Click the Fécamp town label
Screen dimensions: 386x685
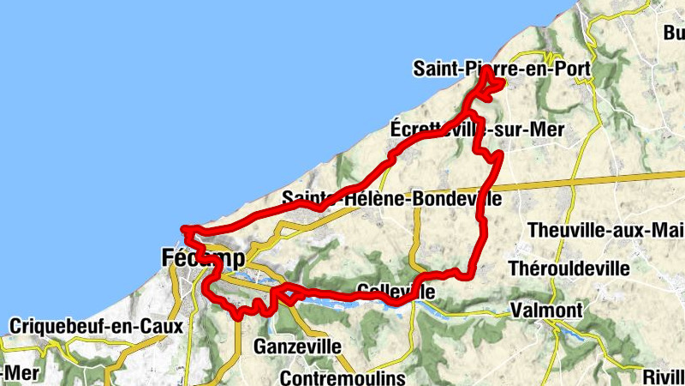(202, 257)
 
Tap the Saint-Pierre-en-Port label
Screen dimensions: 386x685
(503, 68)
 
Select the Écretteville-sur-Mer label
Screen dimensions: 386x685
(477, 129)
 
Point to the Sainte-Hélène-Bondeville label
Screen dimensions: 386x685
(391, 199)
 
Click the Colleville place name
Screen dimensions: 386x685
(393, 292)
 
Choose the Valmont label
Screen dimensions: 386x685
(546, 310)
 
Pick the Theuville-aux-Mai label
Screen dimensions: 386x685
(605, 230)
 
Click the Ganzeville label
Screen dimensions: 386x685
(298, 347)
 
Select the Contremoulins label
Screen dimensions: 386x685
(330, 378)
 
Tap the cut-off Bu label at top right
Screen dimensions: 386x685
(673, 33)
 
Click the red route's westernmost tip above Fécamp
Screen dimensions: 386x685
(185, 229)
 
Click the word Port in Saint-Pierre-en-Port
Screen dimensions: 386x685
(573, 68)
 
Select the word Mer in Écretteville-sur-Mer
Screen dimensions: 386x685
(545, 129)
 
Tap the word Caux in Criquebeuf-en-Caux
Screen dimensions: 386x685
(151, 327)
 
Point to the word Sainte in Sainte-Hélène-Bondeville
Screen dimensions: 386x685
(307, 199)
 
